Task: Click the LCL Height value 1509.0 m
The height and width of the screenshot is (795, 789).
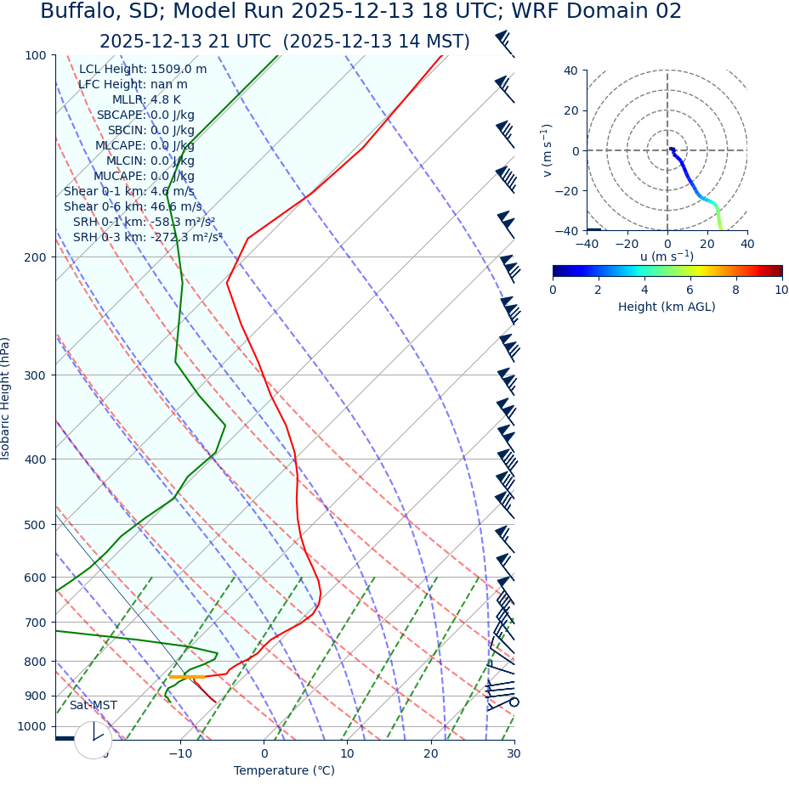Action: pyautogui.click(x=179, y=70)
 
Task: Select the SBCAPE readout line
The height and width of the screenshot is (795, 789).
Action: pyautogui.click(x=145, y=116)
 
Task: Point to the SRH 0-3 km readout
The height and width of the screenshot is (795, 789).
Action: pyautogui.click(x=147, y=237)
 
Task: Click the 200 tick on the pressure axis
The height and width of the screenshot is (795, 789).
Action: pyautogui.click(x=36, y=257)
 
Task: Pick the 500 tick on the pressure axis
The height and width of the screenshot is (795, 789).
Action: pyautogui.click(x=36, y=525)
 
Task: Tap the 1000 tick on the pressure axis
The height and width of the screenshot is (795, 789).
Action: pyautogui.click(x=32, y=726)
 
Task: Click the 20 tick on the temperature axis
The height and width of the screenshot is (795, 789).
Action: pyautogui.click(x=431, y=753)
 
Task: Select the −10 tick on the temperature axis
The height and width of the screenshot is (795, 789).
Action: pyautogui.click(x=179, y=753)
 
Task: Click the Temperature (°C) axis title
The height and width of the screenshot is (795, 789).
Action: pyautogui.click(x=284, y=771)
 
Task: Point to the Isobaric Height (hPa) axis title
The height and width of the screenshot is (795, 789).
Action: pyautogui.click(x=6, y=398)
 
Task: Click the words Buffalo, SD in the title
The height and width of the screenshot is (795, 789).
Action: pyautogui.click(x=92, y=12)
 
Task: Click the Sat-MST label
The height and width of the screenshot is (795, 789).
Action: pyautogui.click(x=94, y=706)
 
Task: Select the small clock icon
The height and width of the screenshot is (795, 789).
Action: pyautogui.click(x=94, y=740)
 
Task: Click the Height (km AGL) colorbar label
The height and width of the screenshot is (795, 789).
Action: pyautogui.click(x=667, y=307)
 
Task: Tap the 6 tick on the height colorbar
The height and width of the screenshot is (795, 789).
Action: pyautogui.click(x=690, y=290)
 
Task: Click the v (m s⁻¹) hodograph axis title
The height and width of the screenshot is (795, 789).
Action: pyautogui.click(x=548, y=150)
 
